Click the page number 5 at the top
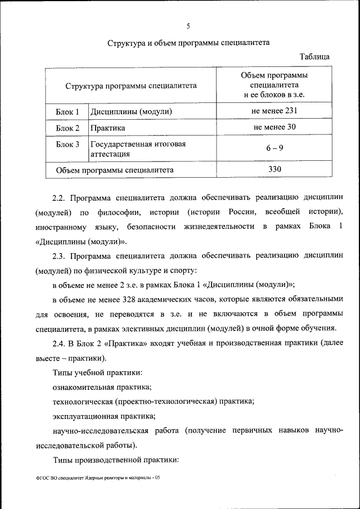pyautogui.click(x=188, y=25)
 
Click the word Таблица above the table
pyautogui.click(x=314, y=57)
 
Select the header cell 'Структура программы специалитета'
pyautogui.click(x=130, y=86)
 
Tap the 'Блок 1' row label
pyautogui.click(x=67, y=111)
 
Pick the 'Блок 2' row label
pyautogui.click(x=67, y=128)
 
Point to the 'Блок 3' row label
pyautogui.click(x=67, y=145)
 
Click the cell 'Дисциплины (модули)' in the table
pyautogui.click(x=130, y=111)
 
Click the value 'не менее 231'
pyautogui.click(x=274, y=111)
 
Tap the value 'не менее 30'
pyautogui.click(x=274, y=127)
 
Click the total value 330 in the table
pyautogui.click(x=274, y=169)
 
